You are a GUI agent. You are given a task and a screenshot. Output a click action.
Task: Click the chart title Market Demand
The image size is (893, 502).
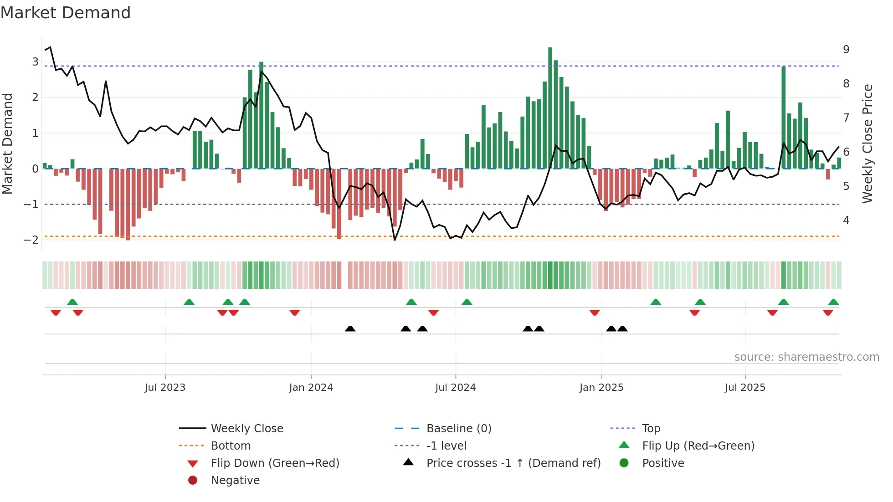pyautogui.click(x=66, y=13)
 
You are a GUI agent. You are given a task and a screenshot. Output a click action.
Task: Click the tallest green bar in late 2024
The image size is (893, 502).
pyautogui.click(x=550, y=108)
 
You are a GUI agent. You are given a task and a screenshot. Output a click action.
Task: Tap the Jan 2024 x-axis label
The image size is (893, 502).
pyautogui.click(x=311, y=388)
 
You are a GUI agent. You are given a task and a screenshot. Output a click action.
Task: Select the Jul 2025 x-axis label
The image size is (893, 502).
pyautogui.click(x=745, y=388)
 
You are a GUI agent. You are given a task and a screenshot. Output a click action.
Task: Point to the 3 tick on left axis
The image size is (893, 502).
pyautogui.click(x=35, y=61)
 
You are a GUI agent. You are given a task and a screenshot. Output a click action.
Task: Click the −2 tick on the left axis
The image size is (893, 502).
pyautogui.click(x=31, y=240)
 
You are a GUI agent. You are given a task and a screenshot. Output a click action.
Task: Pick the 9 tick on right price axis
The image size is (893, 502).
pyautogui.click(x=846, y=49)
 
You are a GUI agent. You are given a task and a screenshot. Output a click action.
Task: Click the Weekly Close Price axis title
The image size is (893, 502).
pyautogui.click(x=867, y=143)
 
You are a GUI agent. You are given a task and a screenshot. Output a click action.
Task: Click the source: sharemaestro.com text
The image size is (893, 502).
pyautogui.click(x=806, y=357)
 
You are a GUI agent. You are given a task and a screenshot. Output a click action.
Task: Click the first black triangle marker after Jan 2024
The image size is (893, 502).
pyautogui.click(x=350, y=329)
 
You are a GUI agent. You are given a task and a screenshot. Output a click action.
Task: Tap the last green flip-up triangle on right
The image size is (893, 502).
pyautogui.click(x=833, y=302)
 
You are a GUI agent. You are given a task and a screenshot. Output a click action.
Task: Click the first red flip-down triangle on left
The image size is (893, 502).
pyautogui.click(x=56, y=312)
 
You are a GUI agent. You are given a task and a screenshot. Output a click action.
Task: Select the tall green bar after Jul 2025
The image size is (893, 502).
pyautogui.click(x=783, y=118)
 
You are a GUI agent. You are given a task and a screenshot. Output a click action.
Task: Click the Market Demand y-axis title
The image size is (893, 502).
pyautogui.click(x=8, y=143)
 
